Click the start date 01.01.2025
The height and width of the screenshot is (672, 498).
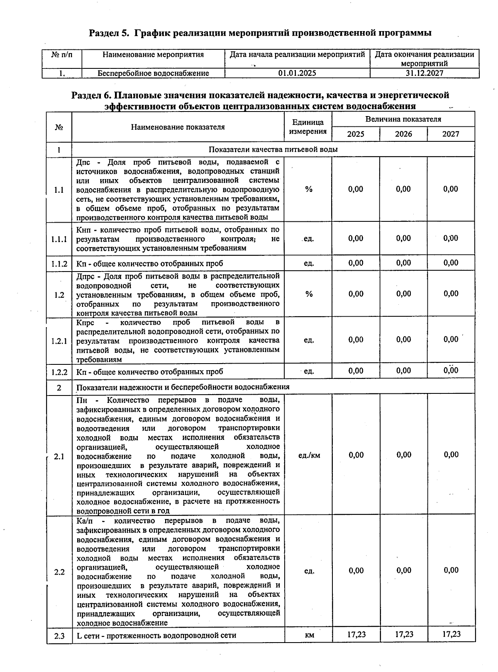tap(297, 73)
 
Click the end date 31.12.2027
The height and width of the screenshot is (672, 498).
tap(424, 73)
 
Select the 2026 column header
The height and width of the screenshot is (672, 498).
tap(403, 134)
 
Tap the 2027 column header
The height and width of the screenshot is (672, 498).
tap(451, 134)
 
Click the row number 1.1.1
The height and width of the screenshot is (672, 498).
tap(59, 239)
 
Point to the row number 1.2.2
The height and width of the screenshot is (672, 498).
tap(59, 372)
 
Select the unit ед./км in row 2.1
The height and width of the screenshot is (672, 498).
tap(309, 455)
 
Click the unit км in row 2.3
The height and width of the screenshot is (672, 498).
tap(309, 635)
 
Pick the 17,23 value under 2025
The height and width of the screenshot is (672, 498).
tap(356, 634)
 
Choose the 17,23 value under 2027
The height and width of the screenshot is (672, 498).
tap(451, 634)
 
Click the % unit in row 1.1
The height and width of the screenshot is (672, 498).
tap(309, 189)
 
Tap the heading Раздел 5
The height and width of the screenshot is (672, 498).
tap(110, 33)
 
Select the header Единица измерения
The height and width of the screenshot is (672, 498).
tap(308, 127)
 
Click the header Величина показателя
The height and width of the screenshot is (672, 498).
tap(403, 119)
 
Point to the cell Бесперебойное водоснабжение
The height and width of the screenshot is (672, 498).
tap(153, 73)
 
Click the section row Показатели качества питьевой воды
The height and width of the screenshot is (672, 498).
tap(273, 149)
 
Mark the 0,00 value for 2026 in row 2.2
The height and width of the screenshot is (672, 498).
tap(404, 570)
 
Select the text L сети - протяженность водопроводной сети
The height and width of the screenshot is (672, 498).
tap(156, 635)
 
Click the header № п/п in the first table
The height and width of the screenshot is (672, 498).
tap(61, 55)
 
